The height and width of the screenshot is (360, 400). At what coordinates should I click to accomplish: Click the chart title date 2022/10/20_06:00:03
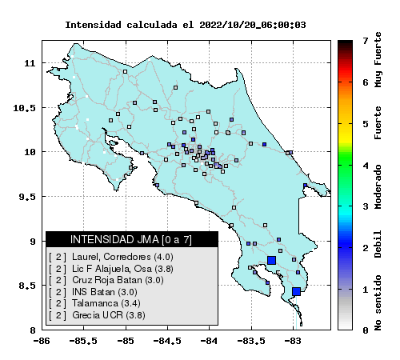point(252,25)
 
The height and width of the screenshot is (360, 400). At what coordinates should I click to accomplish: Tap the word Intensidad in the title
point(93,25)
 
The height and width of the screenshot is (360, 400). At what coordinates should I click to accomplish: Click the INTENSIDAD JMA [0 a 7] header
point(131,239)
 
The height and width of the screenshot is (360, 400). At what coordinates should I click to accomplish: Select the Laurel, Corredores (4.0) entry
point(122,257)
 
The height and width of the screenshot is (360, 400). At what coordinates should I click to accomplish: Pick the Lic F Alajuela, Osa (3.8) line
point(122,269)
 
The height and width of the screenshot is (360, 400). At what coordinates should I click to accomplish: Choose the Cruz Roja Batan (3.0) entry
point(118,280)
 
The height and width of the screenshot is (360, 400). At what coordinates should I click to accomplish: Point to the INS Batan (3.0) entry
point(105,292)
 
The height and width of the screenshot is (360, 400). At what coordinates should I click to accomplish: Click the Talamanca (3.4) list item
point(106,303)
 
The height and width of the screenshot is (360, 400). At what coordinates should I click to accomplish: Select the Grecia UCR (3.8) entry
point(109,315)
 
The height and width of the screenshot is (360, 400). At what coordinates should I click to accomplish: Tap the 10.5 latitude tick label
point(24,108)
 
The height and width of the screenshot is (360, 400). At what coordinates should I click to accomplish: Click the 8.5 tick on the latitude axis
point(27,286)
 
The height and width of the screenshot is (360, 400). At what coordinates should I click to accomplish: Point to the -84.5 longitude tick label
point(167,341)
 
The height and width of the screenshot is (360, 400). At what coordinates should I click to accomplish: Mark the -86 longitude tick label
point(42,341)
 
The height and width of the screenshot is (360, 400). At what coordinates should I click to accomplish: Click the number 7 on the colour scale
point(366,41)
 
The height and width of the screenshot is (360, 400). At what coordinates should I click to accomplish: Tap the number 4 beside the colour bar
point(366,166)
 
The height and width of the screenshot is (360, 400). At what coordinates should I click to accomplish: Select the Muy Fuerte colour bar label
point(378,60)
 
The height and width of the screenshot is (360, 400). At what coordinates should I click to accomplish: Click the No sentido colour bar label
point(378,302)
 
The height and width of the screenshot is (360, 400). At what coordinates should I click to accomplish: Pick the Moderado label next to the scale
point(378,186)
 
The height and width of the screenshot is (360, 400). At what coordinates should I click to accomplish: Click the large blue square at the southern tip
point(296,291)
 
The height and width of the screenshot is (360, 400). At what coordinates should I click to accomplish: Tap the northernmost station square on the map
point(125,71)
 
